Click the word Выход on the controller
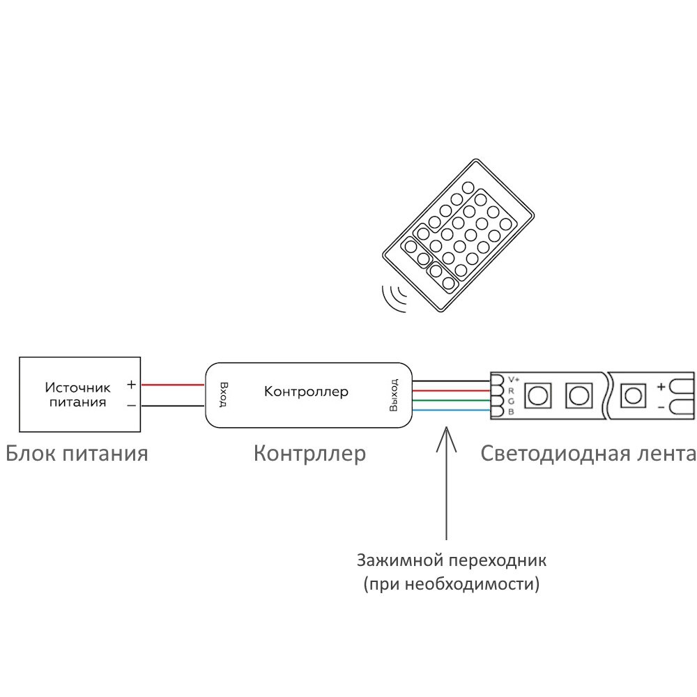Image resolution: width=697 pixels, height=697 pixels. point(394,395)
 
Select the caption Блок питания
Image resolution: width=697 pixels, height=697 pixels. point(77,454)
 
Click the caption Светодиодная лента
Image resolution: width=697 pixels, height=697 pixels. point(588,454)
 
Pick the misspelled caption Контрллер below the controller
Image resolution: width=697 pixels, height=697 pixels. point(309,454)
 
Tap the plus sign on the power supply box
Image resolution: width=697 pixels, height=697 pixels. point(131,384)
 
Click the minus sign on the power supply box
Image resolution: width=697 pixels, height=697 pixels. point(131,405)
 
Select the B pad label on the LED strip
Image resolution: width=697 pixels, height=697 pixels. point(511,413)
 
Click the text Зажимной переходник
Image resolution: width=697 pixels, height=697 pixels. point(452,560)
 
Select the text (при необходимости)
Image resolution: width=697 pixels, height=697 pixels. point(452,583)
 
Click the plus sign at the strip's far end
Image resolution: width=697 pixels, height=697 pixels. point(661,385)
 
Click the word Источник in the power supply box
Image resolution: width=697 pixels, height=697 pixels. point(78,388)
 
